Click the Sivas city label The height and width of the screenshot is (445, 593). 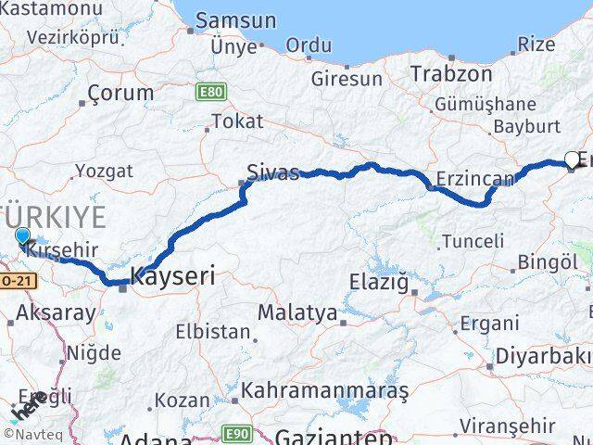(x=273, y=172)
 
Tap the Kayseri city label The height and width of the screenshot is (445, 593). (x=173, y=275)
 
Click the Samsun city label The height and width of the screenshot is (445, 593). (x=235, y=20)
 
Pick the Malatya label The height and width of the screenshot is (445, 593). (x=296, y=312)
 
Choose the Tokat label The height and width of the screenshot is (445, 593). (x=237, y=121)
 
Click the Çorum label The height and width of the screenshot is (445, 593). (x=120, y=93)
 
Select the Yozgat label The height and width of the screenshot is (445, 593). (x=104, y=171)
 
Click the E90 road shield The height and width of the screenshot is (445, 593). (x=239, y=434)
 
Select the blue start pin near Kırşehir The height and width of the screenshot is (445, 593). (x=23, y=238)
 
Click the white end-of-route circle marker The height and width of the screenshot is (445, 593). (x=572, y=159)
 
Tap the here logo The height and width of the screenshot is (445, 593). (x=28, y=408)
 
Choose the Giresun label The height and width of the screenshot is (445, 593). (x=347, y=79)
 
